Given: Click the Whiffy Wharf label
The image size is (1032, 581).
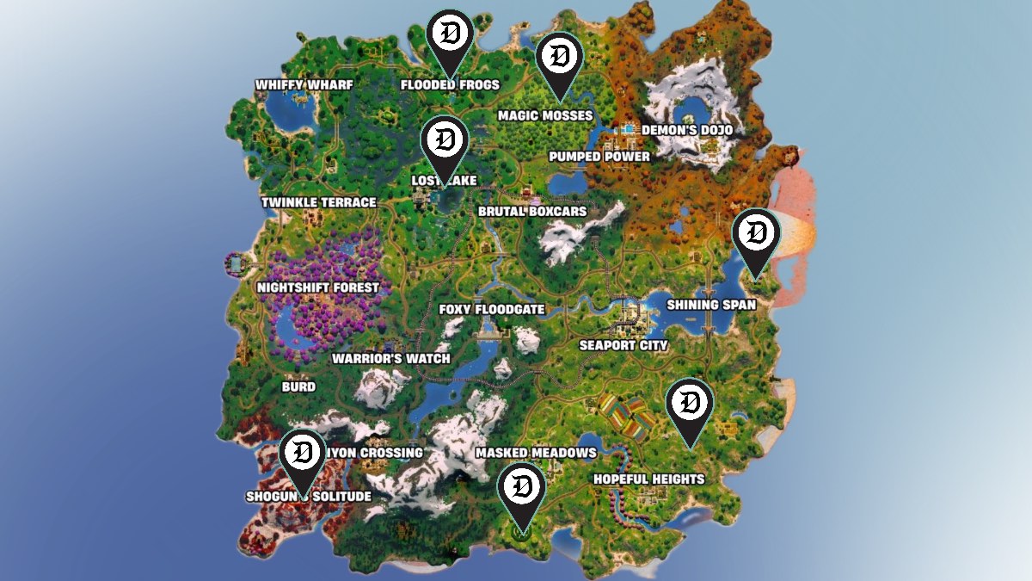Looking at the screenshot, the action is [x=293, y=85].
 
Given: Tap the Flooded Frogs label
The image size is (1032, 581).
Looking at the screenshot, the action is [x=450, y=85].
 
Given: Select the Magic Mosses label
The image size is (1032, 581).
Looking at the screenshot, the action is [x=545, y=115].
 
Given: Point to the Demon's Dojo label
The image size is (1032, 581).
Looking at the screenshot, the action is [x=686, y=131].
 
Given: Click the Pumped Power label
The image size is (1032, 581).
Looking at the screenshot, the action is [x=599, y=157].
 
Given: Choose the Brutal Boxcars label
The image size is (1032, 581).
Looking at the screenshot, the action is [x=532, y=211].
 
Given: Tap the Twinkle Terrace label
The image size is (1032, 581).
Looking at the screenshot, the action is [x=318, y=202].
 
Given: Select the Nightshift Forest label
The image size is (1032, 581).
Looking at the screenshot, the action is [x=318, y=287].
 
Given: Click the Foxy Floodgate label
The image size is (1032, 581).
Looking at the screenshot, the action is [x=491, y=310].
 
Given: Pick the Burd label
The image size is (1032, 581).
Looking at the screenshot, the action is [x=298, y=387].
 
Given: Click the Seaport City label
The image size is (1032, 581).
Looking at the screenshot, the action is [x=623, y=346].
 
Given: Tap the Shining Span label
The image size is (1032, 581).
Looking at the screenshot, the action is [x=711, y=305].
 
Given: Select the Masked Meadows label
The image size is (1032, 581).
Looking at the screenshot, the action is [x=535, y=453].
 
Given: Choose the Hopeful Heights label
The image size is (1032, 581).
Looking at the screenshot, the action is [x=648, y=479].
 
